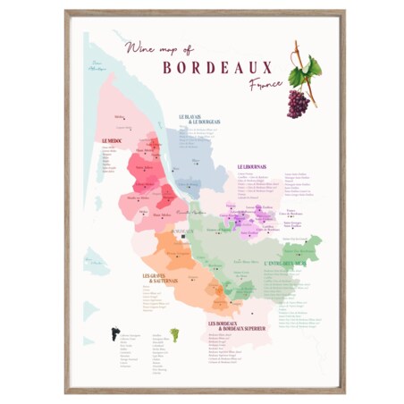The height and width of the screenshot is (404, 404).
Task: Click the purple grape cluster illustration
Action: [x=298, y=102]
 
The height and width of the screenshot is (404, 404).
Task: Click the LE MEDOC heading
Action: [x=112, y=140]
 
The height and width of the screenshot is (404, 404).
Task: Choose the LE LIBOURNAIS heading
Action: [x=254, y=165]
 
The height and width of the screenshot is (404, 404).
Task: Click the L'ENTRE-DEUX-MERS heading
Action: [x=290, y=265]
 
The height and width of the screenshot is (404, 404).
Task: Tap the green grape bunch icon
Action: [x=173, y=333]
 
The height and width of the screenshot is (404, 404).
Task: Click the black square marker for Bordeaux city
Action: [x=183, y=237]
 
